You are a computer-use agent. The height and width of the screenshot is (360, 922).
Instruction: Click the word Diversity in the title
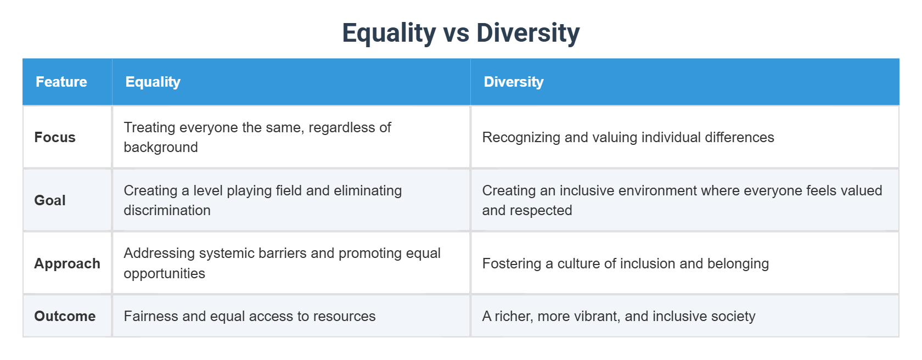[528, 33]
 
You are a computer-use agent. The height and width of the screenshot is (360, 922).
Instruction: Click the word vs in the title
[456, 33]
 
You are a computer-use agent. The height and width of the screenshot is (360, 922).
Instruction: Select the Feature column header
[61, 82]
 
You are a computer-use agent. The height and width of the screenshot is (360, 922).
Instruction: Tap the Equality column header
[153, 82]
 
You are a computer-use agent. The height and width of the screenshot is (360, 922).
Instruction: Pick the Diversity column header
[513, 82]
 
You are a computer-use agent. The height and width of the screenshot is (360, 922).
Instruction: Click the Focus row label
[55, 137]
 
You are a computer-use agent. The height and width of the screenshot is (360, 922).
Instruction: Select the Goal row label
[50, 200]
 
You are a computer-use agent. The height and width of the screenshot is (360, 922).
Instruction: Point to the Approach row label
[67, 263]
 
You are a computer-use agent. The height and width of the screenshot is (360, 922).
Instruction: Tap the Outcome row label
[65, 316]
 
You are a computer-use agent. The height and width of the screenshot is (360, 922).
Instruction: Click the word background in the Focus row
[161, 148]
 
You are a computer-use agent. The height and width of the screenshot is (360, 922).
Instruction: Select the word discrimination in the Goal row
[167, 211]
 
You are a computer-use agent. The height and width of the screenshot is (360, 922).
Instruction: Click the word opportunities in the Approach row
[164, 274]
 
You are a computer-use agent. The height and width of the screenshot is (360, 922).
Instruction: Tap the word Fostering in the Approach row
[511, 264]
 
